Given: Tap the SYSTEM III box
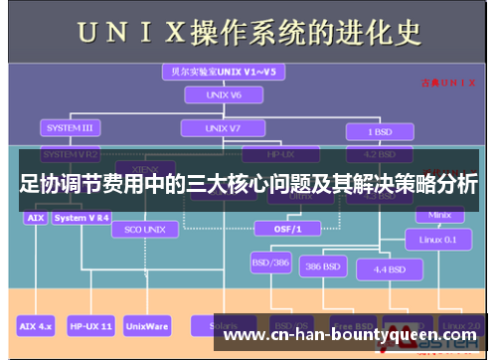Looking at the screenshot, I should [70, 127].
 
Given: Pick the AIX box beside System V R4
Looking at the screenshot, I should [34, 217].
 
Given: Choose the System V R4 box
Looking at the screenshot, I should [83, 217].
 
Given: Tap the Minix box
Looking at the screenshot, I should [438, 214].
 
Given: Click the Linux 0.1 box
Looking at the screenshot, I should [438, 239].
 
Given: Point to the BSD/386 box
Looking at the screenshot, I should [268, 264].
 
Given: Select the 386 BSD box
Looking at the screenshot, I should [324, 267].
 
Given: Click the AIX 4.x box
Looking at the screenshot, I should [36, 325].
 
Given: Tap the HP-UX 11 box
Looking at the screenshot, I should [91, 325].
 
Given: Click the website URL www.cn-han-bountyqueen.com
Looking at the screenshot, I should [352, 335].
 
